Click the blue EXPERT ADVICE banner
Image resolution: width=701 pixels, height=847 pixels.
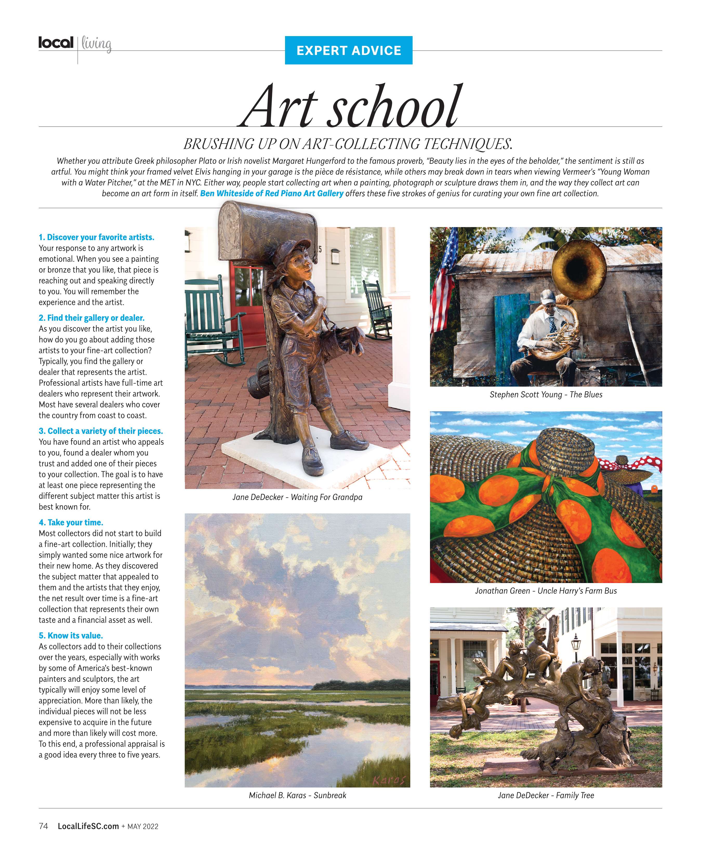point(348,50)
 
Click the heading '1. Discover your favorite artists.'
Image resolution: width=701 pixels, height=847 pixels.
point(96,237)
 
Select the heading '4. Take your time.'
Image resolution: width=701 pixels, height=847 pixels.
point(71,522)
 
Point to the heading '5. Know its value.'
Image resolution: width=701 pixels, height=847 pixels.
point(71,635)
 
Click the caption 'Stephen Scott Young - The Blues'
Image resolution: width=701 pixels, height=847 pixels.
point(546,394)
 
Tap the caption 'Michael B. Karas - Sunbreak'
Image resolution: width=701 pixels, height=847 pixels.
point(297,795)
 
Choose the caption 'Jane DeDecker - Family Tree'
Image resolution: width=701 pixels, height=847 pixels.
point(546,795)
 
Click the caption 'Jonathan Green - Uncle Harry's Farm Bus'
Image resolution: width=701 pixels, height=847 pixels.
point(546,591)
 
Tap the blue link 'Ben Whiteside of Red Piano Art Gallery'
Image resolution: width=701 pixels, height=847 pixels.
point(272,193)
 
